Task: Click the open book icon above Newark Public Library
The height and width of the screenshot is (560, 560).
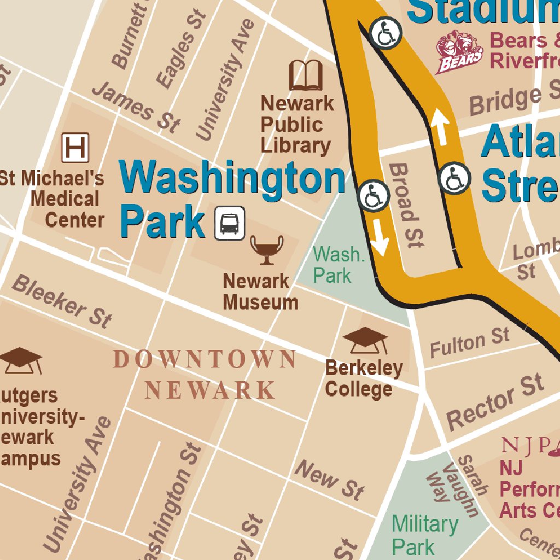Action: point(306,75)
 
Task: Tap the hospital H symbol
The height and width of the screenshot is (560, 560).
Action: point(75,148)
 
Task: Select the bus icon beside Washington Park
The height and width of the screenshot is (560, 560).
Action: point(229,223)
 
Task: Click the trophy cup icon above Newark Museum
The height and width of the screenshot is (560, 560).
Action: point(267,249)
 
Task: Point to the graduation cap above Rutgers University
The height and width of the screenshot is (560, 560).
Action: point(21,360)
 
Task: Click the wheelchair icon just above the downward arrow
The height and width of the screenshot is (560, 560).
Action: point(374,196)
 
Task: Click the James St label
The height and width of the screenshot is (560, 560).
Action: point(135,107)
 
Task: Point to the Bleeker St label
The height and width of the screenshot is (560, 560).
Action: point(61,301)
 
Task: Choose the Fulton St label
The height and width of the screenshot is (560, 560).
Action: point(469,342)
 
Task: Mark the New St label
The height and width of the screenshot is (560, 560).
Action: point(329,480)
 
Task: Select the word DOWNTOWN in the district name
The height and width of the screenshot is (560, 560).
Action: point(205,360)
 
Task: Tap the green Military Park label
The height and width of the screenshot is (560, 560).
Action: point(424,535)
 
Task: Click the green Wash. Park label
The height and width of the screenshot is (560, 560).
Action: point(337,265)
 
